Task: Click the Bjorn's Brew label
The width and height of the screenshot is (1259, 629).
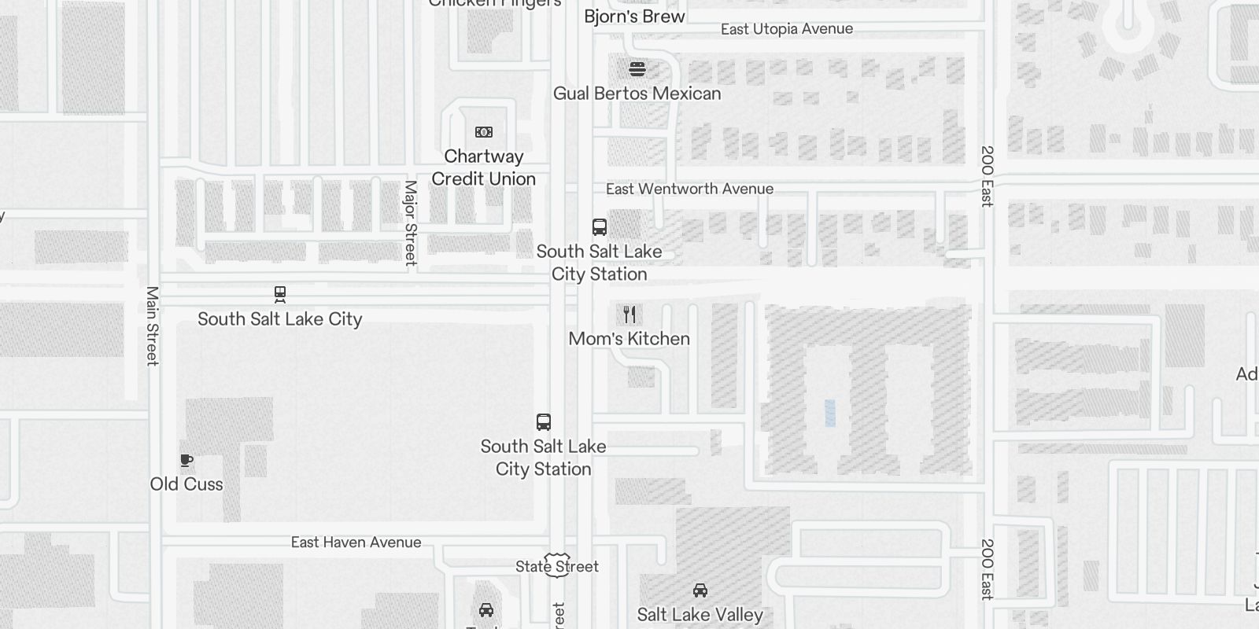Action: tap(634, 17)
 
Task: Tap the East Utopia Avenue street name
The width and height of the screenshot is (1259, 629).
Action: tap(786, 29)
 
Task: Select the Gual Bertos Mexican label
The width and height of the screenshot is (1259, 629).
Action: tap(637, 94)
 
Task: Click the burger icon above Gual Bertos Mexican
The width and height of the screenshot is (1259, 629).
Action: tap(637, 69)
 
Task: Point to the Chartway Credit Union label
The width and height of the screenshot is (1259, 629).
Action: tap(483, 167)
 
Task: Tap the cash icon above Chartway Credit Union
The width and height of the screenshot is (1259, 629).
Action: tap(484, 132)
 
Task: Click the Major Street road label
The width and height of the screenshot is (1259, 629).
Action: tap(410, 223)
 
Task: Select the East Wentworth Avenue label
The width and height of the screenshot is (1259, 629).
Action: tap(689, 189)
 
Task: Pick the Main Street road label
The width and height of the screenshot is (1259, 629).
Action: tap(153, 326)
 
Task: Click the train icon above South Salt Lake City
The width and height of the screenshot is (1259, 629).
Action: tap(280, 295)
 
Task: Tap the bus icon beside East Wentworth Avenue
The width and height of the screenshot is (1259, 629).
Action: tap(600, 227)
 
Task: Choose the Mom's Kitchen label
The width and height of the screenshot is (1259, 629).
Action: tap(629, 339)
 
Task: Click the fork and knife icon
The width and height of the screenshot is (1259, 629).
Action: tap(629, 314)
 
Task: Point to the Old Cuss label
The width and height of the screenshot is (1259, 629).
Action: tap(186, 484)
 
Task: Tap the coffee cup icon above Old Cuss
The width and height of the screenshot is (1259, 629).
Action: tap(186, 460)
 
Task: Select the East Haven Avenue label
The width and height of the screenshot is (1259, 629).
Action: tap(356, 543)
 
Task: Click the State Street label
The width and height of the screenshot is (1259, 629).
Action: tap(557, 566)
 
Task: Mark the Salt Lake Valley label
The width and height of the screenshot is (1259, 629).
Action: tap(700, 615)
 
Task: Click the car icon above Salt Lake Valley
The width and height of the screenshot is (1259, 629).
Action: tap(700, 590)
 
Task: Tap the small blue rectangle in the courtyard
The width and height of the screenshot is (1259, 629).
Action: tap(830, 413)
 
